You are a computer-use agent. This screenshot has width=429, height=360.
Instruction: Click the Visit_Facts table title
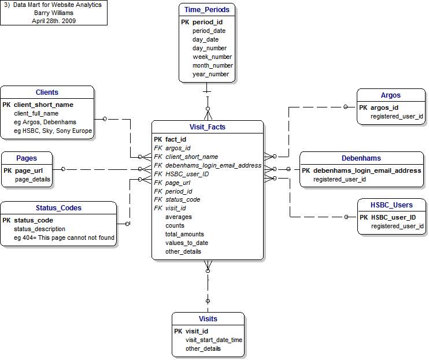[x=207, y=127]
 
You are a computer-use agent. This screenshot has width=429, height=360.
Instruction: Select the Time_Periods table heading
[x=207, y=10]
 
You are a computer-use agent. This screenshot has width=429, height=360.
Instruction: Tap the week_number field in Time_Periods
[x=212, y=57]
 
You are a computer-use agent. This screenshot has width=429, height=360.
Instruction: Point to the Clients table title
[x=47, y=92]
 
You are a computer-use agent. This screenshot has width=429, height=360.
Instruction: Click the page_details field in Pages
[x=32, y=180]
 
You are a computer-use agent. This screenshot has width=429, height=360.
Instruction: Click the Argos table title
[x=390, y=95]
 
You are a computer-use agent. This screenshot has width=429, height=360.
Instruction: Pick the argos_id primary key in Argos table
[x=385, y=107]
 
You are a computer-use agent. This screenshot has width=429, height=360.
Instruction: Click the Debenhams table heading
[x=361, y=158]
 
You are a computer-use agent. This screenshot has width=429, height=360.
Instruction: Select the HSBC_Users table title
[x=391, y=205]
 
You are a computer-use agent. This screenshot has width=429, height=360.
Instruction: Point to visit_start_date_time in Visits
[x=213, y=340]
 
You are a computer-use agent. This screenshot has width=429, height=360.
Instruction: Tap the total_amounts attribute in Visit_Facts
[x=184, y=234]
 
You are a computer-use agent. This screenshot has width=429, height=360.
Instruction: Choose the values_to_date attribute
[x=186, y=243]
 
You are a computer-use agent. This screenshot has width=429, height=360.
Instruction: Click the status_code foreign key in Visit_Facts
[x=182, y=199]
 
